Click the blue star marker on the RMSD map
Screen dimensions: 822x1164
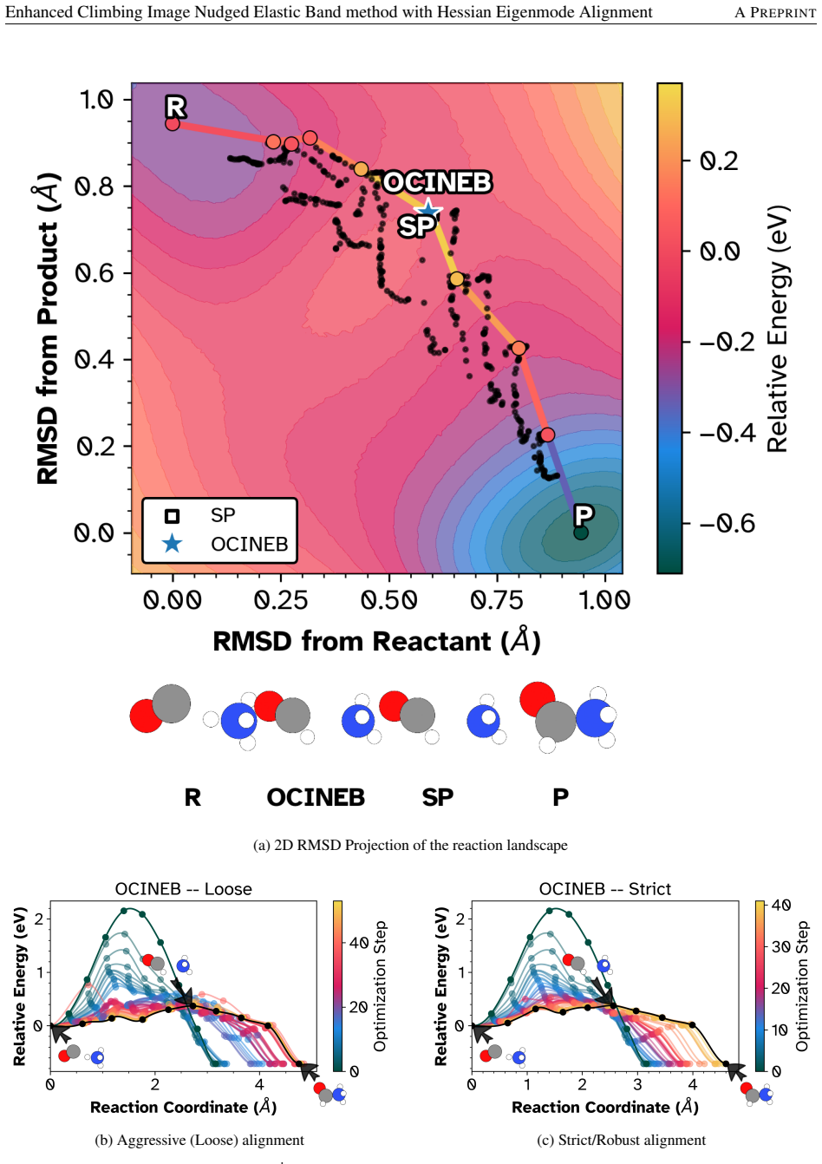coord(428,209)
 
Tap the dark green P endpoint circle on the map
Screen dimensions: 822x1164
coord(580,532)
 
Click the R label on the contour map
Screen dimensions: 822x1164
coord(176,107)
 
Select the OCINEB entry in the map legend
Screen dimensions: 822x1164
coord(249,544)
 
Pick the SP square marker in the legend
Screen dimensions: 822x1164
coord(172,516)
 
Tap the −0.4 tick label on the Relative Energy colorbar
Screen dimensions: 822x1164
coord(727,432)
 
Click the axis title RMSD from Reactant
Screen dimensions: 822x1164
coord(376,640)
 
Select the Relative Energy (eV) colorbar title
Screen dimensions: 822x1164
coord(778,329)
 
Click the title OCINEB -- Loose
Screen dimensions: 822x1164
coord(184,888)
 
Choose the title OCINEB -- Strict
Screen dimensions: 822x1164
coord(605,888)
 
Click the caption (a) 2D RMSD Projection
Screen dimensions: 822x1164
coord(410,845)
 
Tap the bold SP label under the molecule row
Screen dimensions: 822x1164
coord(438,797)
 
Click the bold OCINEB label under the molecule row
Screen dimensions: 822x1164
coord(316,797)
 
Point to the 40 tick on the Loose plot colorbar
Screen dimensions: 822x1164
coord(359,942)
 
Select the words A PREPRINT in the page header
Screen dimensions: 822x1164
coord(775,12)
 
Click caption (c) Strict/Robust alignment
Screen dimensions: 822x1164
coord(622,1140)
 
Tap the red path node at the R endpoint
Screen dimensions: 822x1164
coord(173,124)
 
